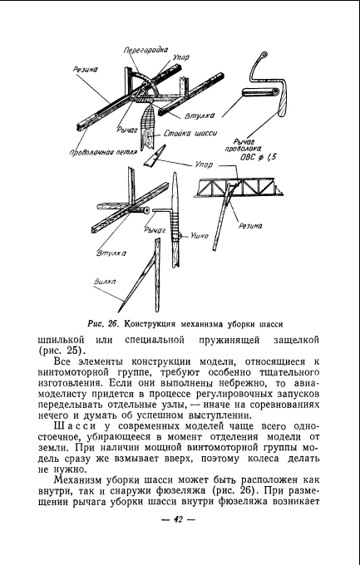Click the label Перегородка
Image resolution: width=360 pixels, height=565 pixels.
pos(145,50)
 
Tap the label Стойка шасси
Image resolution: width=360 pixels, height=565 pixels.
pos(190,133)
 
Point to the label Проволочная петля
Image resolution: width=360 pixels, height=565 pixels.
pos(104,152)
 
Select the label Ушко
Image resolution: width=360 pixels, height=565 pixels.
pos(199,236)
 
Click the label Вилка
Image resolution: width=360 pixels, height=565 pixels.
pos(105,282)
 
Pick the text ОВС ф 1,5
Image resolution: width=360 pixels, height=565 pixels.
pos(258,158)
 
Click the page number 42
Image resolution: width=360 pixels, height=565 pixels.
pos(178,519)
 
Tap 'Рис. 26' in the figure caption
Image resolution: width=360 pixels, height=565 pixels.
pos(103,323)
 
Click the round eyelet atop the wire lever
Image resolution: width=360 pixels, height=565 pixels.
pos(264,56)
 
